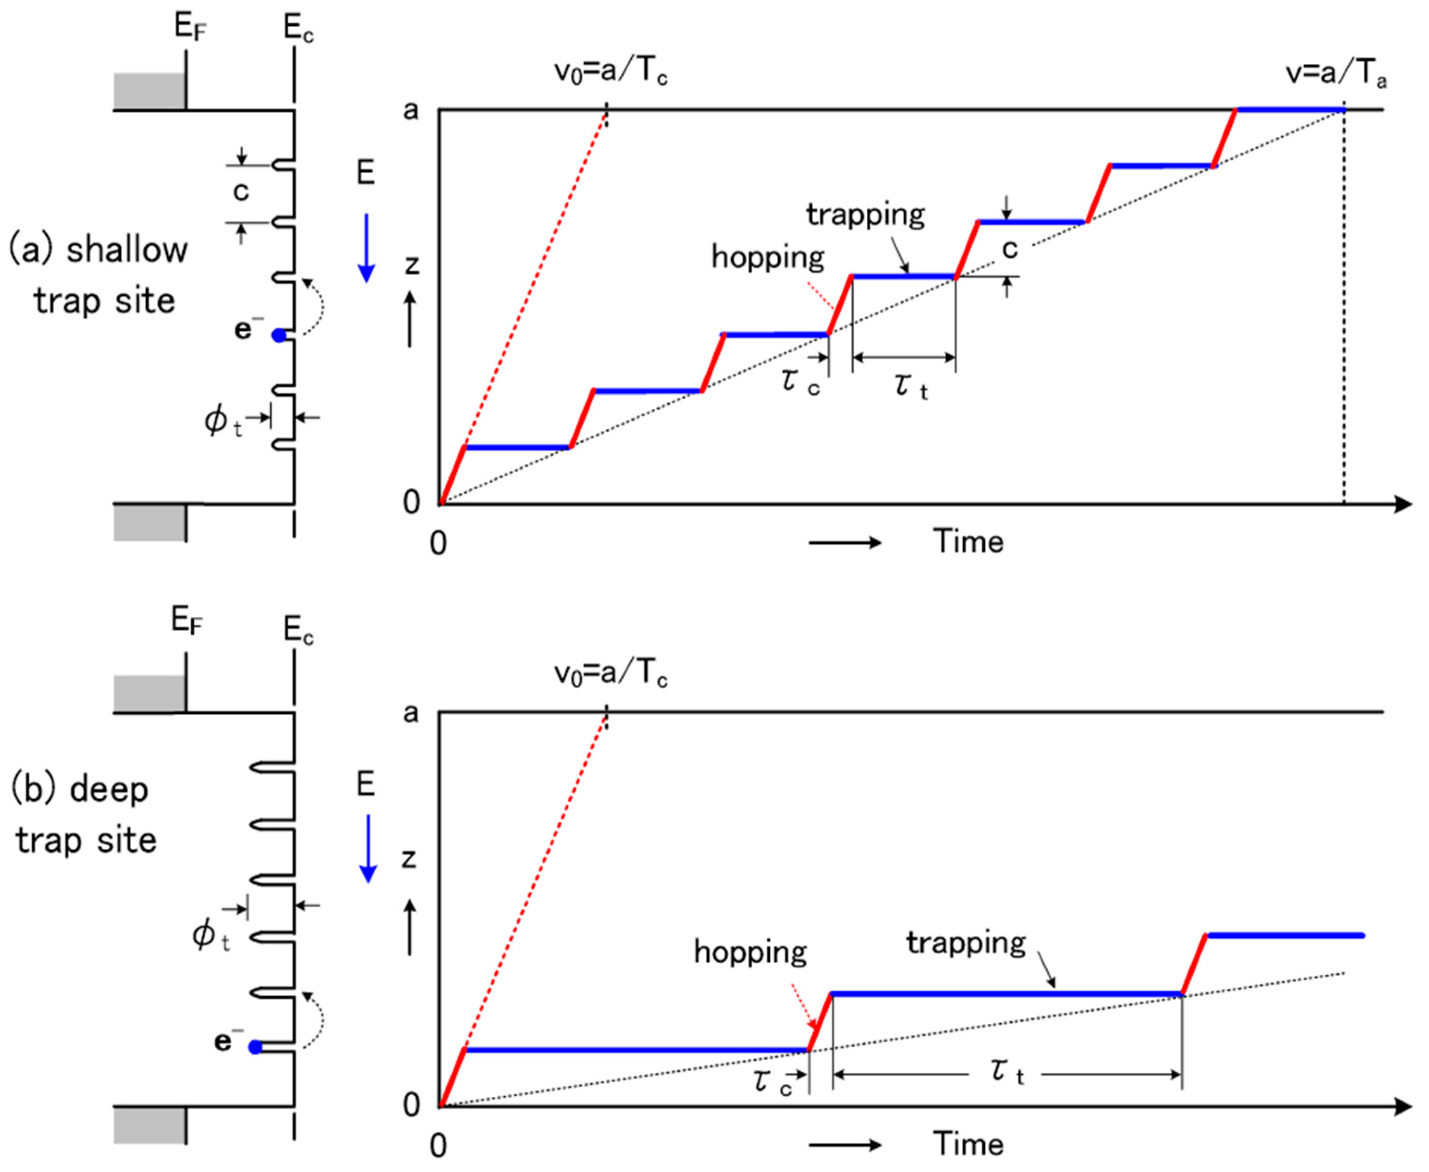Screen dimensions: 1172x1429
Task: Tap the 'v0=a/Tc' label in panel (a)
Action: coord(610,73)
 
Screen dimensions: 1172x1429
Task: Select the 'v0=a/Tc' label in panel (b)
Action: coord(610,674)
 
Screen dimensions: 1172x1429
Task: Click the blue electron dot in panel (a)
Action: coord(279,335)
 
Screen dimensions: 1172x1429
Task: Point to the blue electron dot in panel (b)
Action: coord(255,1047)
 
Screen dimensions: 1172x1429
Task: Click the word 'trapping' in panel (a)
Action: coord(865,215)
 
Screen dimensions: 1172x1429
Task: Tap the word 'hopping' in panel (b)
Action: coord(750,952)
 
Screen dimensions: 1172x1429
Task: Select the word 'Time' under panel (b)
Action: coord(968,1144)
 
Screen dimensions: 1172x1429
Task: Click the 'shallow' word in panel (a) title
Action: coord(127,250)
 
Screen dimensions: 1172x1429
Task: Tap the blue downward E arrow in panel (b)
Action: coord(367,849)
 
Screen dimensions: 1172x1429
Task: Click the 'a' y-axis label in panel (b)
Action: coord(410,713)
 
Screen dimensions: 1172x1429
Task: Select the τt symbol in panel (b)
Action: coord(1007,1071)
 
